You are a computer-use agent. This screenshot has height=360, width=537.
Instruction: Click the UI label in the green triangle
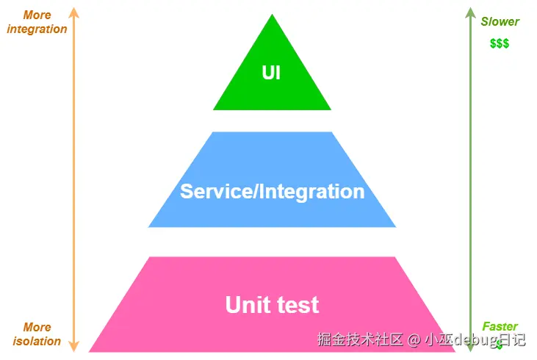[x=272, y=73]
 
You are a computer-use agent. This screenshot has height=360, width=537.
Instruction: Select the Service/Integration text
[x=272, y=192]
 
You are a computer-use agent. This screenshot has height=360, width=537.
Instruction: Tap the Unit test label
[x=272, y=305]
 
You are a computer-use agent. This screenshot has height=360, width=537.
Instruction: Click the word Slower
[x=500, y=22]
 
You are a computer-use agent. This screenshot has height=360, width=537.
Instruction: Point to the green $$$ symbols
[x=500, y=43]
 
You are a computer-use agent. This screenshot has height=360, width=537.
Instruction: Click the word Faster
[x=500, y=326]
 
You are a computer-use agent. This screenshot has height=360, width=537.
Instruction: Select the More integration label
[x=37, y=22]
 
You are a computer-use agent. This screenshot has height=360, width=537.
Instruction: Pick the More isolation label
[x=37, y=334]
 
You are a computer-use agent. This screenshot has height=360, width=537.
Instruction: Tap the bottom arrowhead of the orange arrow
[x=73, y=346]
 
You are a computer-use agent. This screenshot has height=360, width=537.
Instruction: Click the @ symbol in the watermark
[x=414, y=339]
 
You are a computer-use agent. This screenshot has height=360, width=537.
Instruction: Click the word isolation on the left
[x=37, y=341]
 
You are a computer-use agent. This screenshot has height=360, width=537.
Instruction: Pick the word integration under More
[x=37, y=29]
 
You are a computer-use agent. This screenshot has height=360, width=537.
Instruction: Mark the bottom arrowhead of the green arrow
[x=470, y=347]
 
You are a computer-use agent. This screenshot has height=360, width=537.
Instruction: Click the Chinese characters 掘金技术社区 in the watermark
[x=361, y=339]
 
